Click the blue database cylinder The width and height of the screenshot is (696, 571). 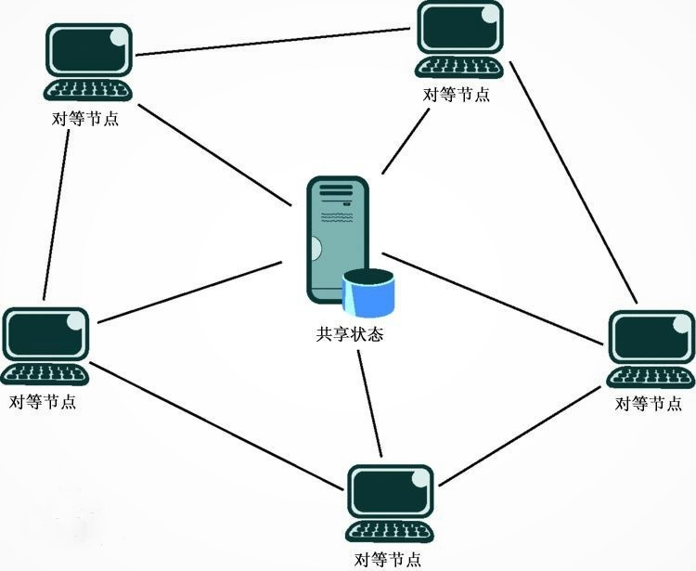368,293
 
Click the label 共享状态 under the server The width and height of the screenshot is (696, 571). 349,334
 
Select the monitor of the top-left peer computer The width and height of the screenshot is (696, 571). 89,50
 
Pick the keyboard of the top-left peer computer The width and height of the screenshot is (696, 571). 87,90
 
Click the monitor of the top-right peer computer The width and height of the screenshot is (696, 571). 460,28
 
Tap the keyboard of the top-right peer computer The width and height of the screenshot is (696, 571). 459,68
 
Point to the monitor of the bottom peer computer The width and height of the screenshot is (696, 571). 390,492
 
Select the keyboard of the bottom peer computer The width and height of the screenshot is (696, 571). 389,532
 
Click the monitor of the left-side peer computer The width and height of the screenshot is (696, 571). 45,334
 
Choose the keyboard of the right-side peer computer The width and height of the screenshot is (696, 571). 651,377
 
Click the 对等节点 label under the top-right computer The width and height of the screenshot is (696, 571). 457,95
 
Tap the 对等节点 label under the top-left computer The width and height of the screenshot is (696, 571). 85,119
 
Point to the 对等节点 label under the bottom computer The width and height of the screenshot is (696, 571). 388,560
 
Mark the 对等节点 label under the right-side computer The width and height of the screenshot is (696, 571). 649,404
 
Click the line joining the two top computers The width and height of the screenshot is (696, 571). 273,42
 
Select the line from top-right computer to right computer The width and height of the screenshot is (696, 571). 574,183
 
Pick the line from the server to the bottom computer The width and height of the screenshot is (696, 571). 369,404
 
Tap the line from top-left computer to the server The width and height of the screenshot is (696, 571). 215,155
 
